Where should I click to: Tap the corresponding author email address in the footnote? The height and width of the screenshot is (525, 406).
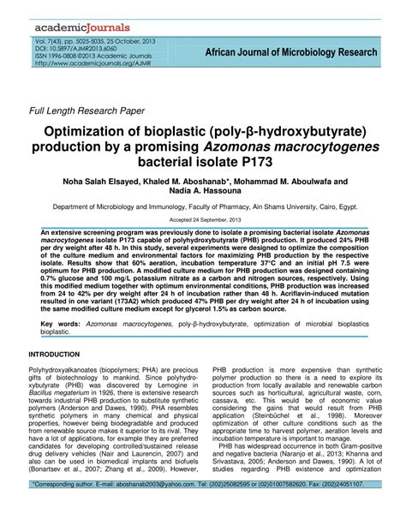tap(145, 508)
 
